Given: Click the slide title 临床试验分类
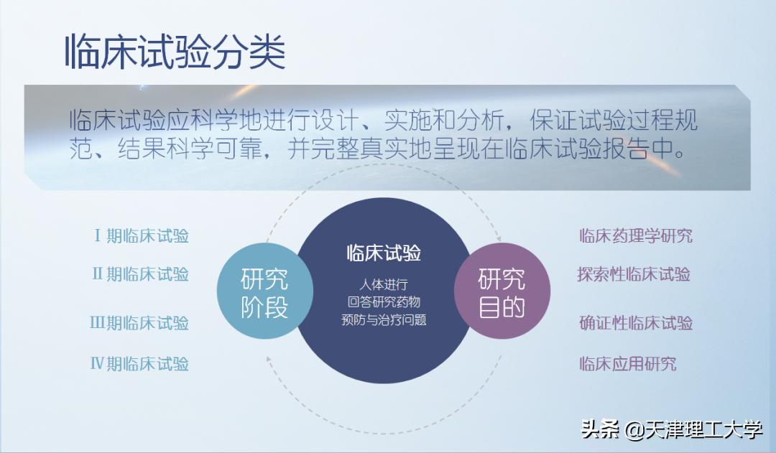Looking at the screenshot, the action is pos(175,52).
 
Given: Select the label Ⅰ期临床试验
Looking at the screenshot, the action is pos(142,236).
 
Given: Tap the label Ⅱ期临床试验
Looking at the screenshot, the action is pos(141,274).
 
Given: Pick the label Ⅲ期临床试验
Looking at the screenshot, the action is pos(139,323).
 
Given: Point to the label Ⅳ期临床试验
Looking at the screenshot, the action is pos(139,364).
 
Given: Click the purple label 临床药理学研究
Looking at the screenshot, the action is pos(636,235).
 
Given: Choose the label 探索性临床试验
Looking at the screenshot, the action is pos(634,274).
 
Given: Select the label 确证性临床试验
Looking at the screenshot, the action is pos(636,323).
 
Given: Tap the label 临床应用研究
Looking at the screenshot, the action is pos(628,364).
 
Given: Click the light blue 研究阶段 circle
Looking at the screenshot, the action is pos(264,291).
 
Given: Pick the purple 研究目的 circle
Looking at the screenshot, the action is pos(502,291).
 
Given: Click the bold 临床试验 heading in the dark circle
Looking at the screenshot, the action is pos(384,253).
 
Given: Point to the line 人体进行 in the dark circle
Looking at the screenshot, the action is pos(384,284).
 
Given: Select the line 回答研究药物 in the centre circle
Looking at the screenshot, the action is pos(384,302).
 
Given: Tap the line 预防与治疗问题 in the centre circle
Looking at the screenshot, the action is pos(384,319).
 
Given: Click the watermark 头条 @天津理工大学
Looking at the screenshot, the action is pos(672,429).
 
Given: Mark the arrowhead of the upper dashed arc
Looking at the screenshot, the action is pos(499,238).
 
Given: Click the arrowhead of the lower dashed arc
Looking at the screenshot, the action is pos(269,360).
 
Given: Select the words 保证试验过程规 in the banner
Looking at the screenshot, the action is pos(614,120).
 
